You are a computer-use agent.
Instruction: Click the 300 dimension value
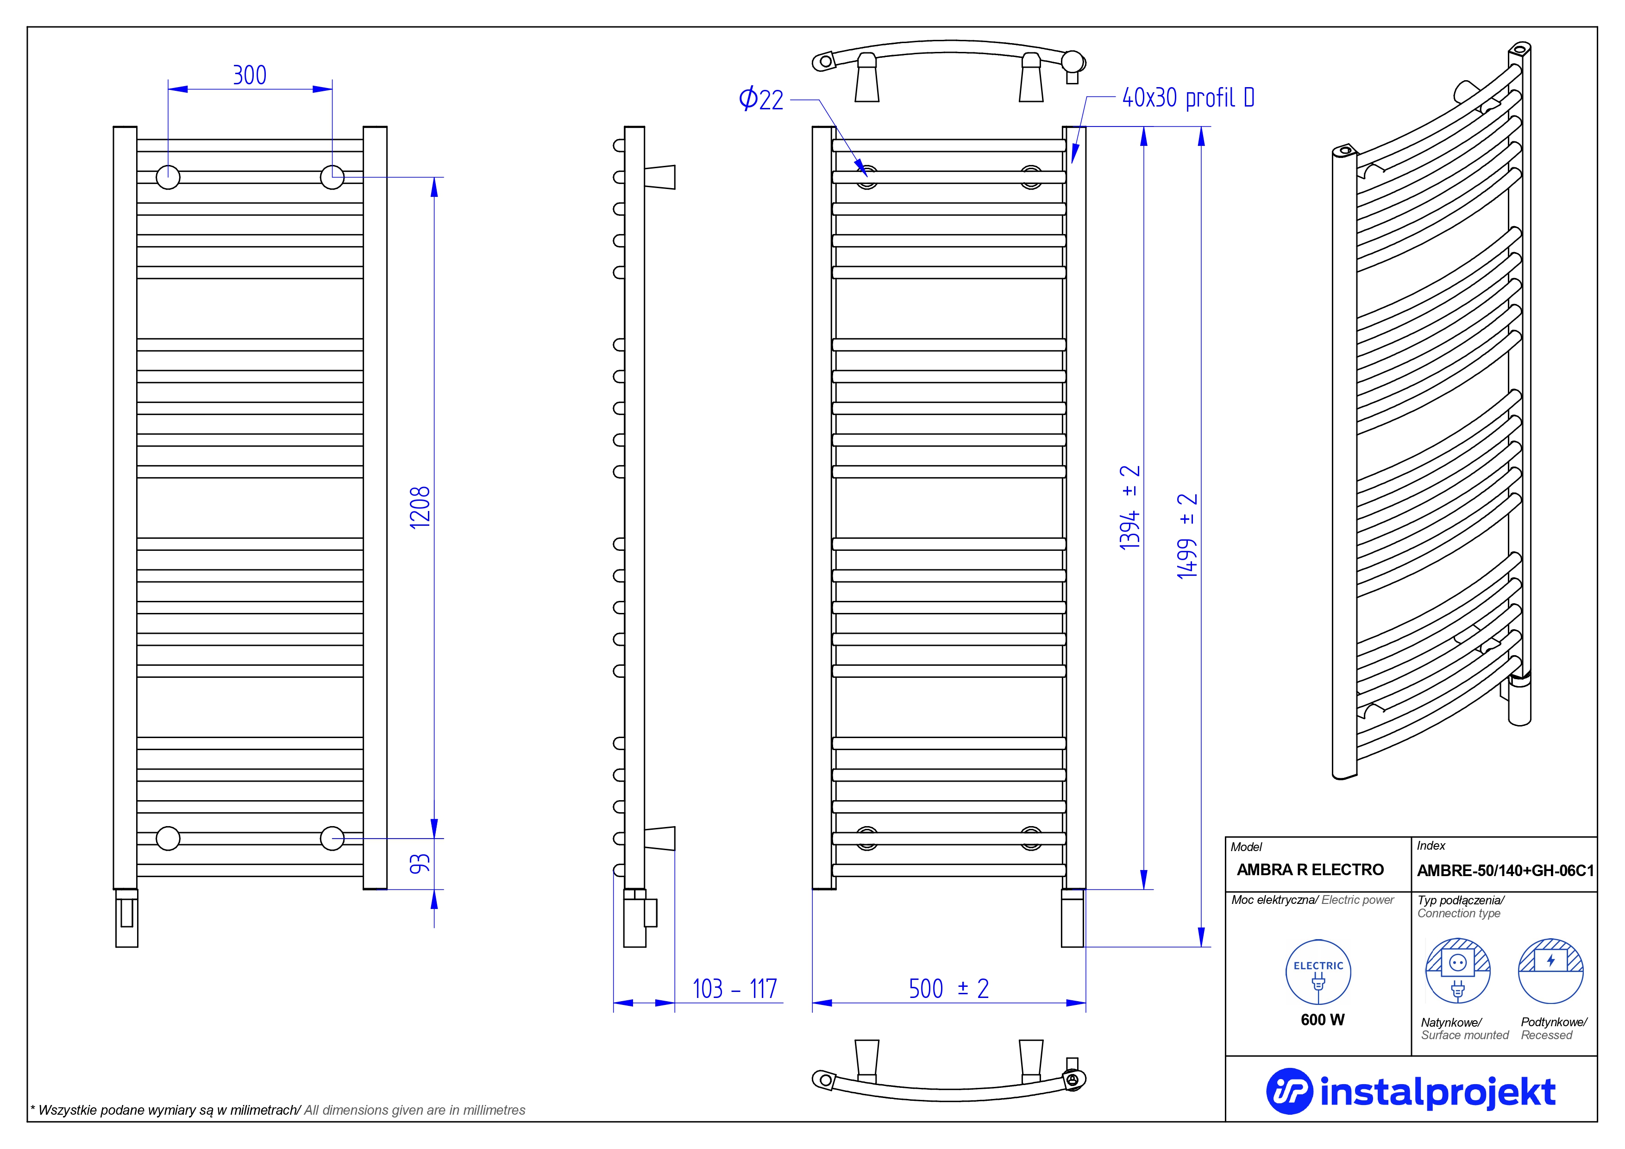(249, 75)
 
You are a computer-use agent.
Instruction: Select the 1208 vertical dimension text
(420, 507)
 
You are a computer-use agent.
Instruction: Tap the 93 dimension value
(420, 864)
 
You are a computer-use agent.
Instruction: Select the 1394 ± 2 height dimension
(1129, 507)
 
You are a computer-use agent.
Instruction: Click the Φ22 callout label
(761, 99)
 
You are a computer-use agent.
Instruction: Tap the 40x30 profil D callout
(1188, 98)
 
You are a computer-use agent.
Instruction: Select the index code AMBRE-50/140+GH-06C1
(1505, 871)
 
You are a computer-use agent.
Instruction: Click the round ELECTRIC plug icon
(1318, 972)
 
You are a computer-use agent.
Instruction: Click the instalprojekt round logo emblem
(1289, 1091)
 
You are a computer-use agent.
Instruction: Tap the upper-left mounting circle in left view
(168, 177)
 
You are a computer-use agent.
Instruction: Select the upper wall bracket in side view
(659, 177)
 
